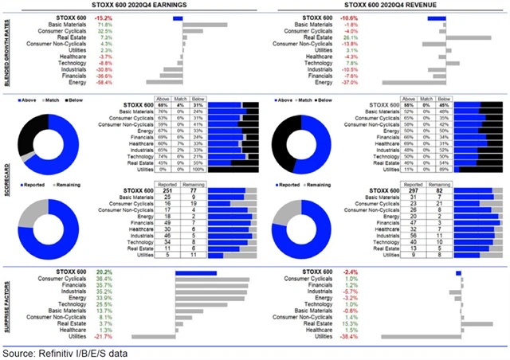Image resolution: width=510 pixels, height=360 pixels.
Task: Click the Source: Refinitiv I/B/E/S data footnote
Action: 65,351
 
